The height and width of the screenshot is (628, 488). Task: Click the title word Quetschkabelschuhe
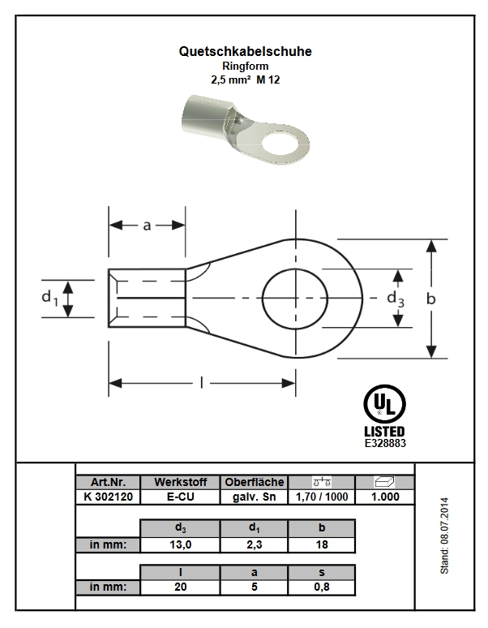244,51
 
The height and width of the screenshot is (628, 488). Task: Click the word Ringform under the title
244,66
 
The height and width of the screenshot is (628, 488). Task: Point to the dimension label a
147,226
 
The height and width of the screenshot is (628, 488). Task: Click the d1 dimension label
50,299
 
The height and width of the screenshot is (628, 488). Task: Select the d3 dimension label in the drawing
396,299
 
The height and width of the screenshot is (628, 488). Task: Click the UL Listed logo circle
385,404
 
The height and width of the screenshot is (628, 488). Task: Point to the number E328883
385,444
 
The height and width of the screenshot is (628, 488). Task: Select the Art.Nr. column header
107,482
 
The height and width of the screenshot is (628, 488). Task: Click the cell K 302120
107,497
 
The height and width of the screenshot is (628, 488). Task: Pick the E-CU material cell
180,497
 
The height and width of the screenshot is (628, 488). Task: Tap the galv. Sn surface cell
254,497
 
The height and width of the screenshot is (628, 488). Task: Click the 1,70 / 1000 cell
321,497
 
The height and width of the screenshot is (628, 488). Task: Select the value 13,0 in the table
180,544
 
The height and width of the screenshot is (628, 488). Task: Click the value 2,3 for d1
254,544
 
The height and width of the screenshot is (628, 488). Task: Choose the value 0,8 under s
321,587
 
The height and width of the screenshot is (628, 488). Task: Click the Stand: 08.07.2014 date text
444,536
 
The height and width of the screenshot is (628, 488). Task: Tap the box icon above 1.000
384,482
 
